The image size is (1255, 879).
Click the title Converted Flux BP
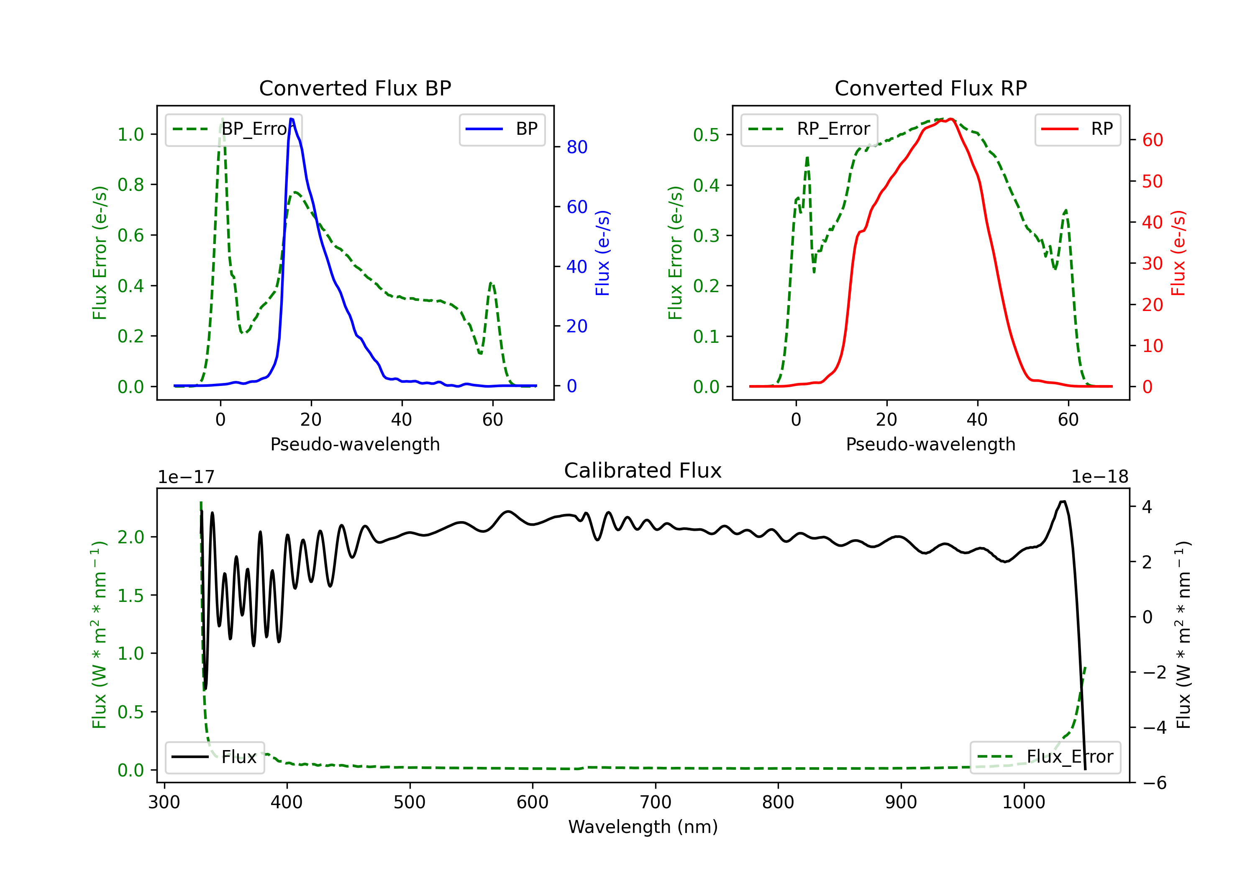355,88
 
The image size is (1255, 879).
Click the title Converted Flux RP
930,88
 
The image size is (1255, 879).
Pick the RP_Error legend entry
809,129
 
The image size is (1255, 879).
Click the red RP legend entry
1077,129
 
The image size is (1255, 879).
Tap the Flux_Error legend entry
1045,757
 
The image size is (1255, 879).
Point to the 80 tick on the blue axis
576,147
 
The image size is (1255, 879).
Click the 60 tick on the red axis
1152,140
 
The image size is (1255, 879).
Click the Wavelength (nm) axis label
643,827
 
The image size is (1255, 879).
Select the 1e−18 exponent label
1099,477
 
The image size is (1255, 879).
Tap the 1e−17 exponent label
186,477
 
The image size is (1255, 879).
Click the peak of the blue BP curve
291,119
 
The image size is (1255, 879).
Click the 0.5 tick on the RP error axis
706,134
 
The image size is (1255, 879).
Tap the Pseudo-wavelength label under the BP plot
355,444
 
